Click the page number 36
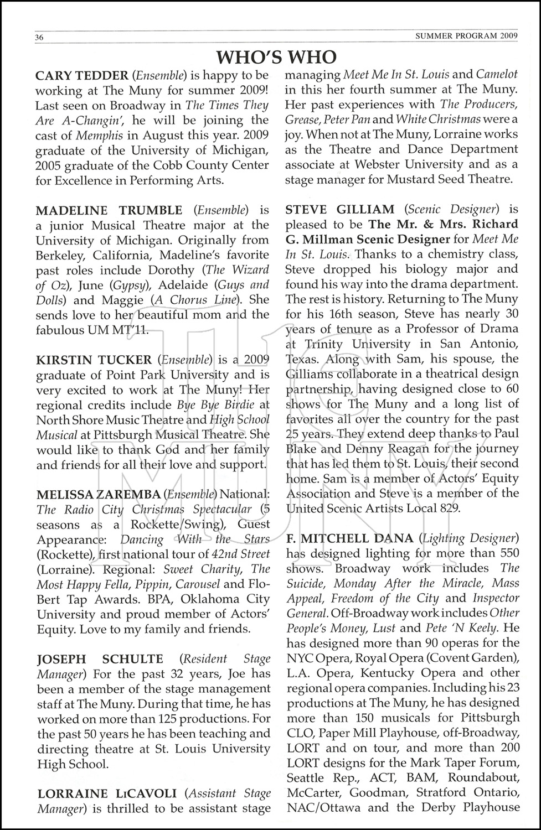tap(39, 38)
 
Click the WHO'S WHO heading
tap(276, 56)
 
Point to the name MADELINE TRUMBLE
tap(109, 210)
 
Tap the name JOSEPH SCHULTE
tap(100, 659)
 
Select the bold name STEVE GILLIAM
tap(340, 210)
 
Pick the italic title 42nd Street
tap(241, 554)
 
